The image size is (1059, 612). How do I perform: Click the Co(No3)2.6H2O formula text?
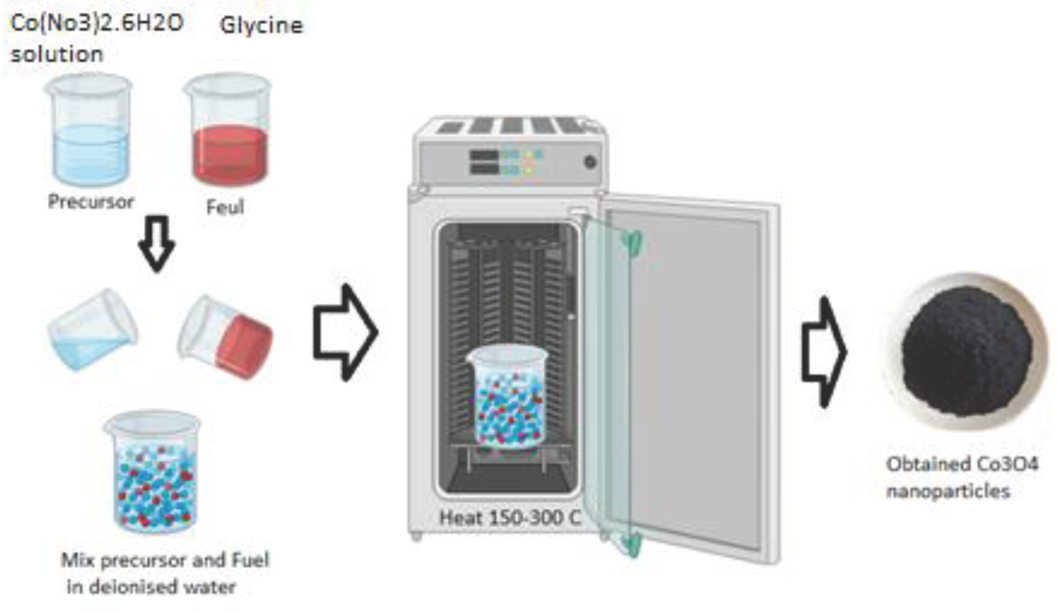point(97,23)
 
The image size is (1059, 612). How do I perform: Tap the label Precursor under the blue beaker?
point(91,202)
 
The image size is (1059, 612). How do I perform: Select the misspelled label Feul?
point(225,207)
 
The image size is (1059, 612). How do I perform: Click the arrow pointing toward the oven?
point(345,332)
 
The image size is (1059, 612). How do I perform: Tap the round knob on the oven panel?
point(590,162)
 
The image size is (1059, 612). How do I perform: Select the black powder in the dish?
point(967,351)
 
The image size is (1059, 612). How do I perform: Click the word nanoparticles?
point(948,491)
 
